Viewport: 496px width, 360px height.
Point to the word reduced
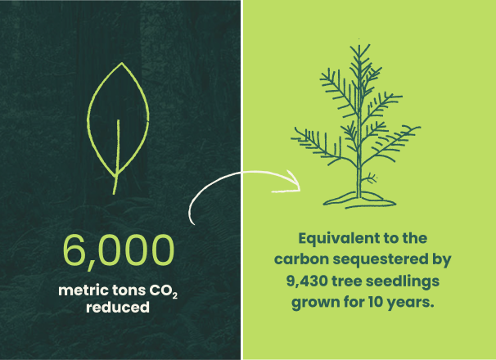tap(118, 307)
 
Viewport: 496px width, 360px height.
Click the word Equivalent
tap(332, 239)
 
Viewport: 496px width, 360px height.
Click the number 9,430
tap(306, 281)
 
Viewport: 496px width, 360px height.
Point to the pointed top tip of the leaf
tap(122, 63)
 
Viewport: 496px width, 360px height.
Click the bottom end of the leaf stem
tap(114, 193)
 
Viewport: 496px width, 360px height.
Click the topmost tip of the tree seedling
tap(358, 45)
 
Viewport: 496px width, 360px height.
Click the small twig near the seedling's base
tap(369, 178)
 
